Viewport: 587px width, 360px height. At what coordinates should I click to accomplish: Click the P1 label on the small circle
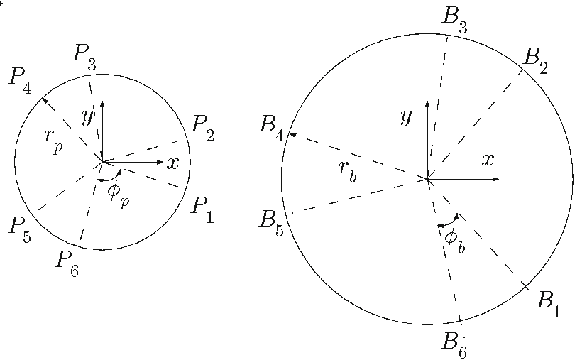(202, 210)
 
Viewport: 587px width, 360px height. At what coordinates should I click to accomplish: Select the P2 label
(202, 129)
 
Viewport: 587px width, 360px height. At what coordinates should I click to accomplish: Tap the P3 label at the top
(84, 58)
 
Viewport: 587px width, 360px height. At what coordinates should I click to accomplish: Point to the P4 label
(20, 80)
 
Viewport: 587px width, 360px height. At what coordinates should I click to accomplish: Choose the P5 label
(20, 229)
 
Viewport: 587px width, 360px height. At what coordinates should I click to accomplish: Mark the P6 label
(67, 264)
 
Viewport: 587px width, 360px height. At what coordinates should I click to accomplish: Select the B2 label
(535, 61)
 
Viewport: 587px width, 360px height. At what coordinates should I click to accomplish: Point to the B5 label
(271, 224)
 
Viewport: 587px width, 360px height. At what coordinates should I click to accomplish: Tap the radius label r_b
(348, 171)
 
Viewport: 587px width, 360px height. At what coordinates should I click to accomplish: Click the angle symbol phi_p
(119, 194)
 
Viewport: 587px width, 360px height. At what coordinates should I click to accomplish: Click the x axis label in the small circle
(172, 163)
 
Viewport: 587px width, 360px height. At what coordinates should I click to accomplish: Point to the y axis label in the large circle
(406, 118)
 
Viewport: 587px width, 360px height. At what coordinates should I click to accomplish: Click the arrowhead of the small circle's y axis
(102, 104)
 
